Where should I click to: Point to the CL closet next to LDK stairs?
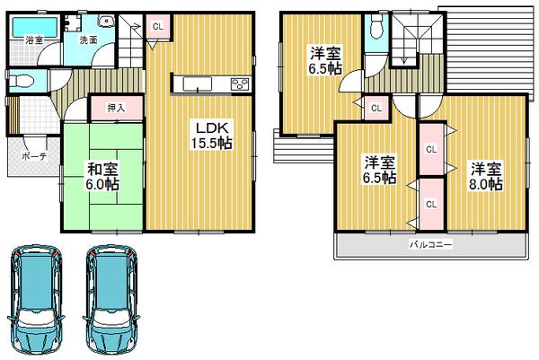pos(156,27)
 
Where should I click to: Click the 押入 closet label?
pos(117,109)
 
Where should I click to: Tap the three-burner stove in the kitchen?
pos(240,84)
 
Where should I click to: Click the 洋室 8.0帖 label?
pos(483,176)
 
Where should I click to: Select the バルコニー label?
pos(431,243)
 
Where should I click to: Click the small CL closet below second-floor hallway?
pos(376,109)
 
